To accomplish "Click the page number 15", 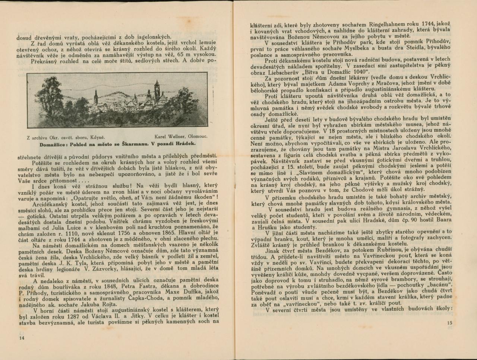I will pos(449,323).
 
